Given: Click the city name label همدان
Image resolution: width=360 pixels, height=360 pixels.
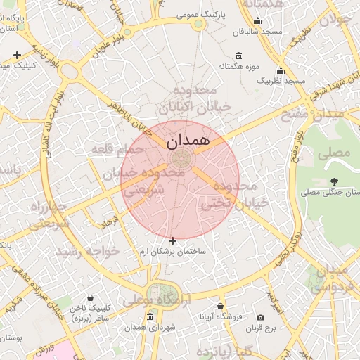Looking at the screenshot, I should click(x=188, y=141).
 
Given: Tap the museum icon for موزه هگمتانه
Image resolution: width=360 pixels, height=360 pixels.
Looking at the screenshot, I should click(x=239, y=56).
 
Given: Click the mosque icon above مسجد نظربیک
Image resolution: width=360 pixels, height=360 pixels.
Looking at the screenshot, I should click(x=281, y=70).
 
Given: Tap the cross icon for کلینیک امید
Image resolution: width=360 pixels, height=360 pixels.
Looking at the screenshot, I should click(x=17, y=55).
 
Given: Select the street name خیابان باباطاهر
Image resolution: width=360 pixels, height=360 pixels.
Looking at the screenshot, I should click(x=129, y=117).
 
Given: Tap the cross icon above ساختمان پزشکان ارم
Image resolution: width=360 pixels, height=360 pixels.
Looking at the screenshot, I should click(x=173, y=240).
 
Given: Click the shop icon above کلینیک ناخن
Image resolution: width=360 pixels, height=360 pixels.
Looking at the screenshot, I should click(x=91, y=298).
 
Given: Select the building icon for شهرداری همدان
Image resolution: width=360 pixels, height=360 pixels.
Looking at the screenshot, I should click(x=150, y=317).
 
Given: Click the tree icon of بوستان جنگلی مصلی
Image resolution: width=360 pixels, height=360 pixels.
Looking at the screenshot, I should click(x=333, y=181).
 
